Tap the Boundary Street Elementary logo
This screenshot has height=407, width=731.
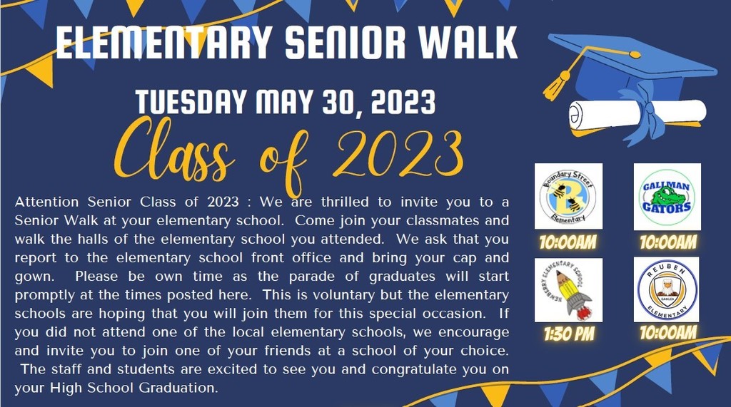coord(568,196)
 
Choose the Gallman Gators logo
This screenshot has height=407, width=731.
coord(667,197)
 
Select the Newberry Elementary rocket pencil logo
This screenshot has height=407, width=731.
coord(568,290)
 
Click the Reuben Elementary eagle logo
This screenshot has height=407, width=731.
coord(667,289)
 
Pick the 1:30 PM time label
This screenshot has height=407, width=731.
coord(569,334)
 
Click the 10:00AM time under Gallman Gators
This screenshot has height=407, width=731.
coord(668,242)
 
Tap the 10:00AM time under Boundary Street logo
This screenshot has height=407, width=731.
coord(568,242)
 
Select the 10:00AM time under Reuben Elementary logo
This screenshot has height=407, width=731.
coord(668,332)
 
